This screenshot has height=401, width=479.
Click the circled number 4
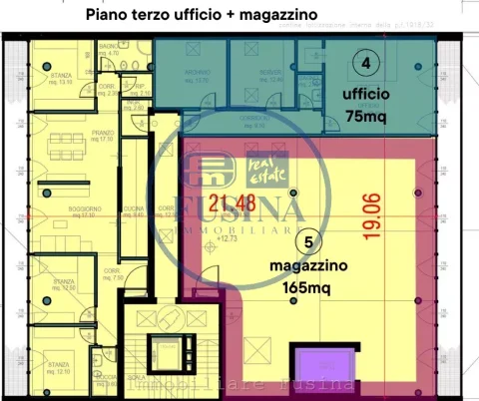(x=368, y=63)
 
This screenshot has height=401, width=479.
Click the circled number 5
(x=309, y=240)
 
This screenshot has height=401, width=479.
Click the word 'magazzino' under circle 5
(x=310, y=266)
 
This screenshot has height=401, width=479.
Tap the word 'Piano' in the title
(x=107, y=16)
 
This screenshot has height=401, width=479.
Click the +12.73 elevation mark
(x=229, y=240)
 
